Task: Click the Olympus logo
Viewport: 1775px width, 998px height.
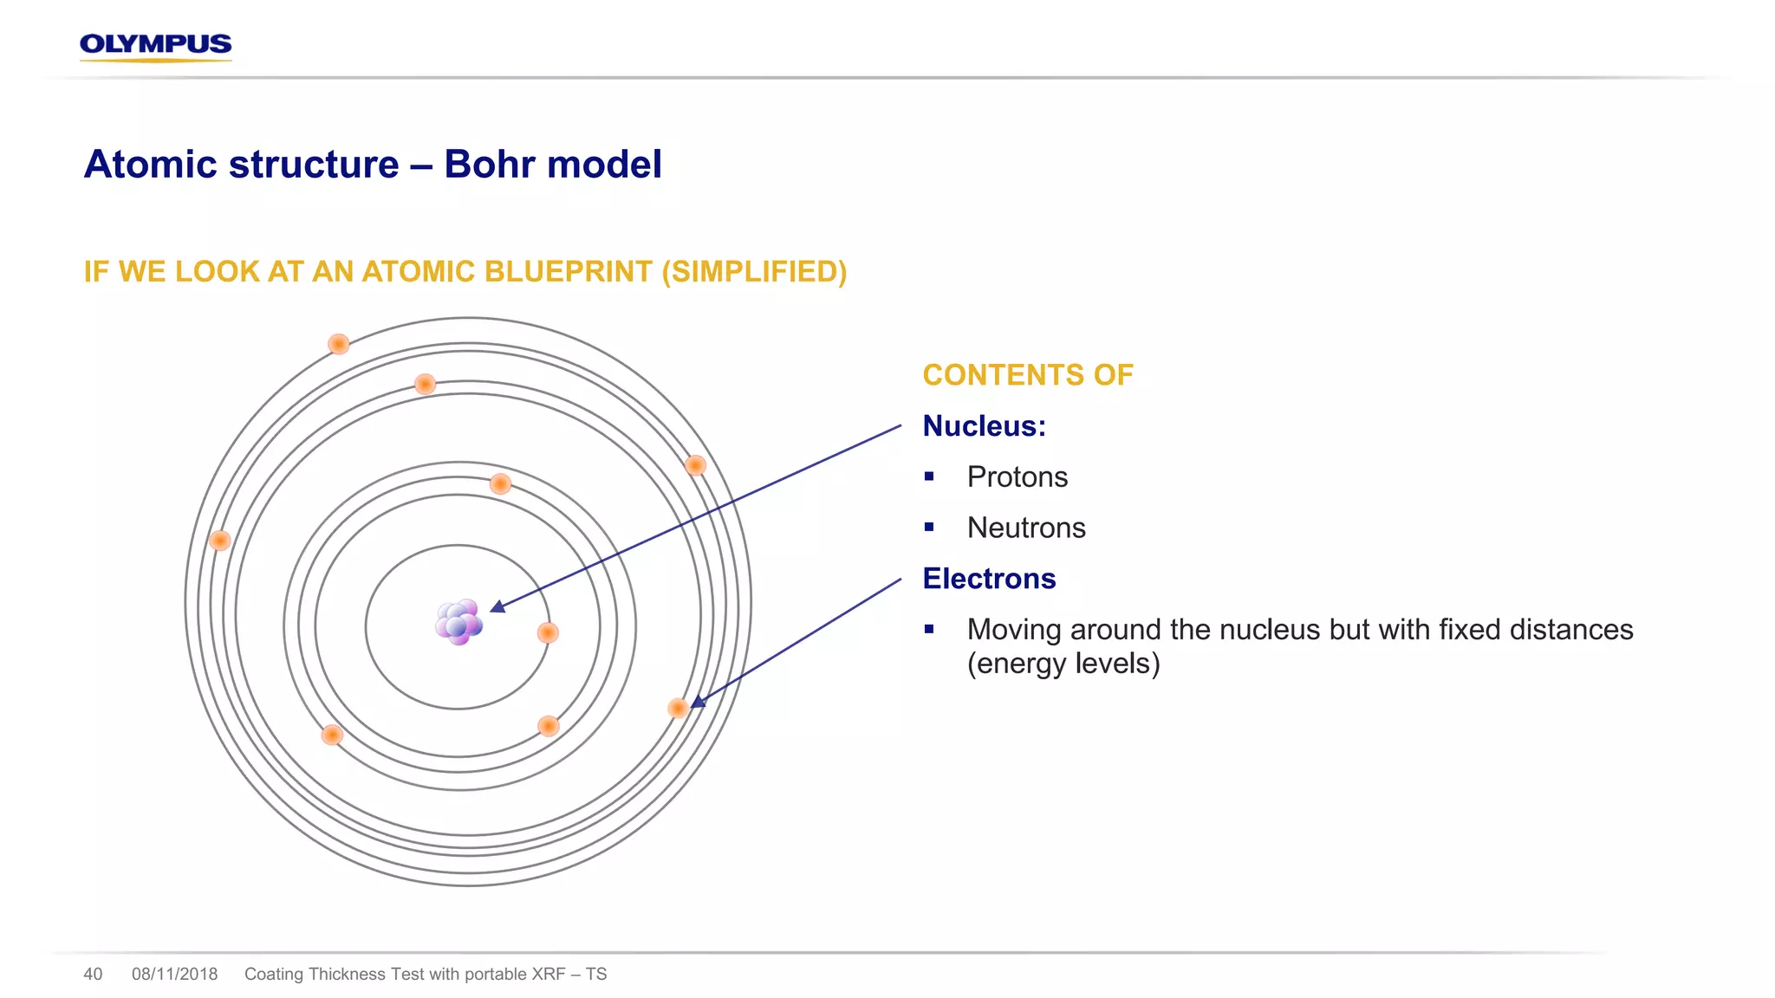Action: [x=155, y=45]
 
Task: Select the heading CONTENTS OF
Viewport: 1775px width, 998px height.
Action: [x=1027, y=375]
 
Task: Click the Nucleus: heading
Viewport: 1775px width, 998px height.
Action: [x=984, y=426]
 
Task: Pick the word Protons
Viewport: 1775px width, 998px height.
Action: [x=1017, y=477]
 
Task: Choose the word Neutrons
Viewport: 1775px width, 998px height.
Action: [x=1025, y=528]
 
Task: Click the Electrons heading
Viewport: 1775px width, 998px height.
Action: [x=989, y=579]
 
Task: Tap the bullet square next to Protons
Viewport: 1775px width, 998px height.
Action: [x=929, y=476]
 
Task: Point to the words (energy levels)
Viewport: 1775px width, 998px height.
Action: [x=1063, y=664]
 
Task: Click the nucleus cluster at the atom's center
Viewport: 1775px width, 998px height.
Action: [x=458, y=621]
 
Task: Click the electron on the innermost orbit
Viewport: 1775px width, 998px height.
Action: [x=548, y=632]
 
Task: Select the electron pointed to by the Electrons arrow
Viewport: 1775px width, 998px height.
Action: [x=678, y=709]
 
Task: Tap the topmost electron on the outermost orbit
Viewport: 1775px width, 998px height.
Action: [x=339, y=344]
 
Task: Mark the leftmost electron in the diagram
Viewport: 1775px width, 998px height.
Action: [x=220, y=541]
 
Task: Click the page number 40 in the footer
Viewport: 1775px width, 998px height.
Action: [x=93, y=974]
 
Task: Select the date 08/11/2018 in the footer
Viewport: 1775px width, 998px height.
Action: [x=174, y=974]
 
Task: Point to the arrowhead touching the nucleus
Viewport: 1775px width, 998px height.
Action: [x=497, y=606]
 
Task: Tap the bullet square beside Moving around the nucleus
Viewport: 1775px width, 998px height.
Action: [x=929, y=629]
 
